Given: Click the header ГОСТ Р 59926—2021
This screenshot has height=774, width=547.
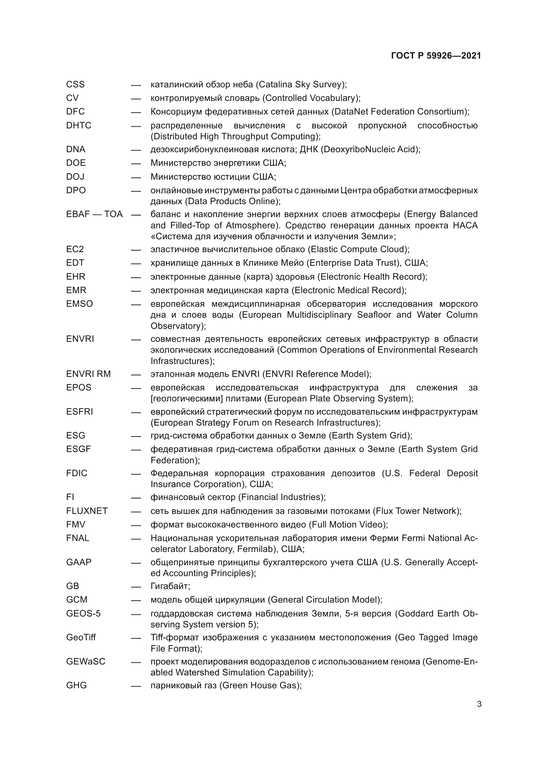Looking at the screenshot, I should pos(436,56).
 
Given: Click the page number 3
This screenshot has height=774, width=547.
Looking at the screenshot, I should pos(479,704).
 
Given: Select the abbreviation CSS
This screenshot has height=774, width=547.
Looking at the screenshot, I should pos(75,84).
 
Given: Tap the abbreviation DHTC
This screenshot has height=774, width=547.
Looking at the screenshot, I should pos(79,125).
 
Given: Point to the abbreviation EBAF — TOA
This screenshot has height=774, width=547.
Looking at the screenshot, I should pos(94,214).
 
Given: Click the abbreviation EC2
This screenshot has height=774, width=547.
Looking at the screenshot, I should pos(75,249).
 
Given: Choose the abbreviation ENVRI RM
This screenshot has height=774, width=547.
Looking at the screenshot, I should pos(88,374).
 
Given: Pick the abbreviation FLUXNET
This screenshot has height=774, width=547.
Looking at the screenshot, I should pos(87,511).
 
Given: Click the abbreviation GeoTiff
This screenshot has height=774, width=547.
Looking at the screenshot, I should pos(81,637).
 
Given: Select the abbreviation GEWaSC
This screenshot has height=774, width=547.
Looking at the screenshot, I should pos(86,661).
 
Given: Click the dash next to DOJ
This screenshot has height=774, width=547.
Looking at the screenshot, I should pos(136,177).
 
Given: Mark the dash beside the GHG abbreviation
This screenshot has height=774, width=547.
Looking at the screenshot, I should pos(136,686).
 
